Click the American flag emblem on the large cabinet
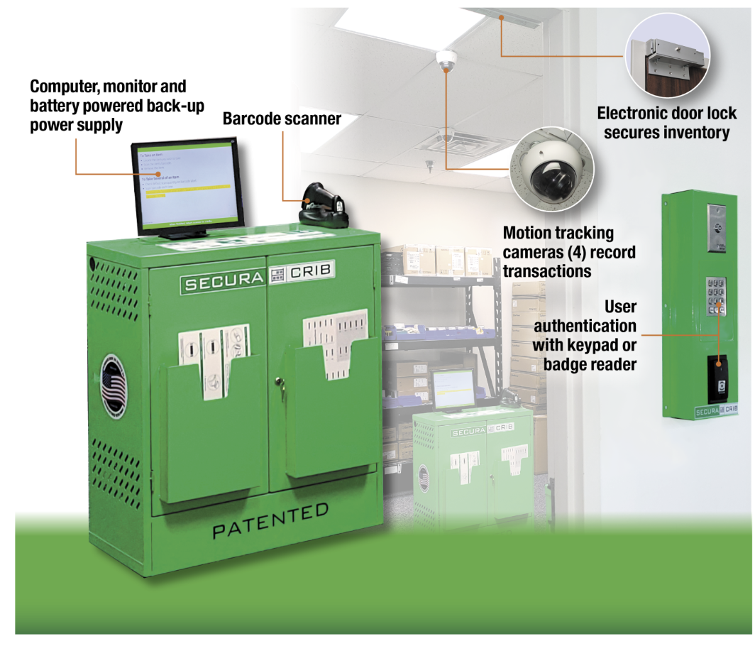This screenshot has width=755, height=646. pos(114,387)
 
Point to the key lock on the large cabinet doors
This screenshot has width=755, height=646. pos(279,383)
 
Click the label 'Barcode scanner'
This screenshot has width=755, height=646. pos(282,119)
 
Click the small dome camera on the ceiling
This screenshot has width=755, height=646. pos(446,60)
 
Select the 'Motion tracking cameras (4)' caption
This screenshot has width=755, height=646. pos(559,252)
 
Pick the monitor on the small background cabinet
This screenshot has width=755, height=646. pos(452,388)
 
